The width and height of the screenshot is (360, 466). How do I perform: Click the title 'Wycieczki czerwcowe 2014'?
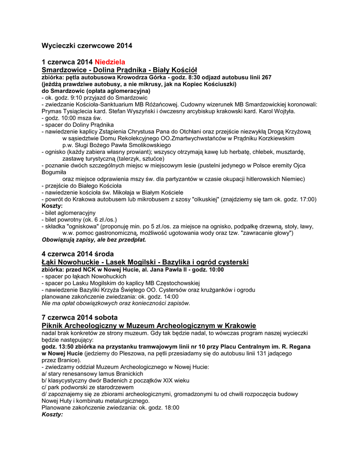(87, 46)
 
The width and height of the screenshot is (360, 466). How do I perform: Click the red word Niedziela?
(110, 62)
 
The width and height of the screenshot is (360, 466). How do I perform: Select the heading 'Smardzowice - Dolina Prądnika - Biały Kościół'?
(119, 70)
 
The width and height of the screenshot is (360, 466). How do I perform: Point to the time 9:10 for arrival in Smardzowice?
(73, 97)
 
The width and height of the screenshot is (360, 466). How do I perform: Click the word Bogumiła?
(54, 172)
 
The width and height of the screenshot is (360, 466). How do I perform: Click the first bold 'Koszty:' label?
(52, 206)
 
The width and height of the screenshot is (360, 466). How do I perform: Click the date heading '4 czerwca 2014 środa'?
(77, 254)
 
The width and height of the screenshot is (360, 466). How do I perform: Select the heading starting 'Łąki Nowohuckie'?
(145, 262)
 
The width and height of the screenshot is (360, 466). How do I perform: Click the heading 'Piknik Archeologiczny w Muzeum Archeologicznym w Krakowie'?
(149, 325)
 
